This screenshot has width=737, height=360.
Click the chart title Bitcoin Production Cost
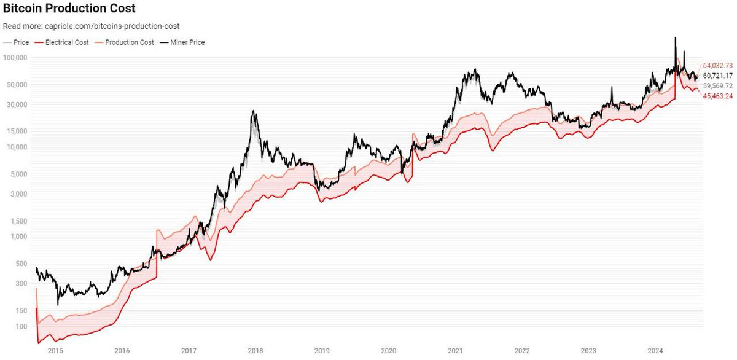coord(69,9)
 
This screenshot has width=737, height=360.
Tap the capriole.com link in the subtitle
coord(112,26)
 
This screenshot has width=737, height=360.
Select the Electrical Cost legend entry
coord(61,42)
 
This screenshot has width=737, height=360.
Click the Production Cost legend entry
coord(124,42)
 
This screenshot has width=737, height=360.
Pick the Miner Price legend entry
coord(182,42)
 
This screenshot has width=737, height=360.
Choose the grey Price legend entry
coord(16,42)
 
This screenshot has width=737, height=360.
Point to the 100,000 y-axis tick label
coord(15,58)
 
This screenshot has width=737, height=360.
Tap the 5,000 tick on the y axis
coord(19,174)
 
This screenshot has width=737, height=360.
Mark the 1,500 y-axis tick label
coord(19,221)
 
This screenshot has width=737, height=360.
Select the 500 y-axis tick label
coord(21,264)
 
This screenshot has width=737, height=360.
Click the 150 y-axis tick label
coord(21,311)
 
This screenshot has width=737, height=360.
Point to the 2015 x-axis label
coord(55,351)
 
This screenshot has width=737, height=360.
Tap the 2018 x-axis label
coord(255,351)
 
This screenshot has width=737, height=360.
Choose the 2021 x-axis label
coord(455,351)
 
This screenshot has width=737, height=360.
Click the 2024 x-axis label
coord(655,351)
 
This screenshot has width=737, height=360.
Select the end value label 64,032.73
coord(718,66)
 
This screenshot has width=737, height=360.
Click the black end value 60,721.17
coord(718,76)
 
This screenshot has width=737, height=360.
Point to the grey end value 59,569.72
coord(718,86)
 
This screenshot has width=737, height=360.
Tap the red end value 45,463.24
coord(718,96)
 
